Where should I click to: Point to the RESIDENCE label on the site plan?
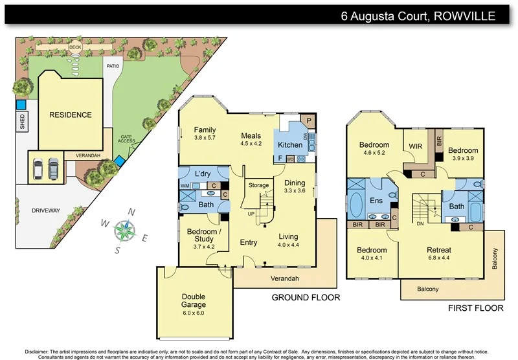coord(71,115)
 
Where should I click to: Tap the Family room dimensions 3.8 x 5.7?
coord(205,138)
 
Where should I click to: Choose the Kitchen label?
coord(290,144)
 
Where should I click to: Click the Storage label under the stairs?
coord(258,186)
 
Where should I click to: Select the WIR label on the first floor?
coord(415,147)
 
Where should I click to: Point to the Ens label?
coord(376,201)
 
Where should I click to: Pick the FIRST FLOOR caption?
coord(475,309)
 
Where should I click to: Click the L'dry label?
coord(202,174)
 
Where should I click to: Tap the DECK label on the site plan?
coord(76,47)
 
